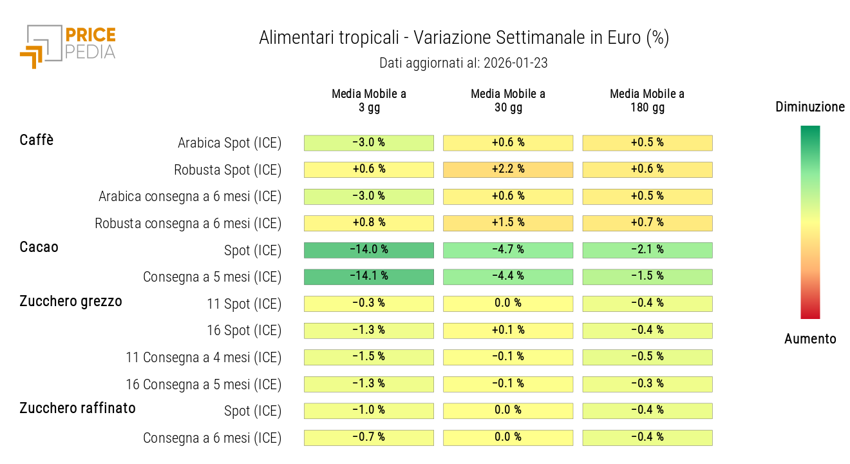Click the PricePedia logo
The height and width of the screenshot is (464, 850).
coord(68,45)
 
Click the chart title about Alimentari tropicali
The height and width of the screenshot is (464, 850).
coord(464,38)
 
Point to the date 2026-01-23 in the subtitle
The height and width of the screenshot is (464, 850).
coord(515,63)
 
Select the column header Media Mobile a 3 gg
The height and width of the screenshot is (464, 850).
coord(369,101)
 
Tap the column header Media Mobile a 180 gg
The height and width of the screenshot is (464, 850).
coord(647,101)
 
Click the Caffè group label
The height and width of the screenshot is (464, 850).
coord(37,140)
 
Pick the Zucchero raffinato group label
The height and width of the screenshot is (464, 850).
coord(77,408)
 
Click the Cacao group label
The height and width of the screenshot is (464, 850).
coord(39,247)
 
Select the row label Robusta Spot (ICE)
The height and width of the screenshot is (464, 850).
coord(227,170)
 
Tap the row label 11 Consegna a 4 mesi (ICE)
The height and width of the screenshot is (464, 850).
coord(203,358)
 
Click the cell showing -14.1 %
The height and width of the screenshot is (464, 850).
coord(369,276)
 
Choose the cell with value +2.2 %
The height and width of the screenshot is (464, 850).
coord(508,169)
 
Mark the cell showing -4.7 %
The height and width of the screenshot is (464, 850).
coord(508,250)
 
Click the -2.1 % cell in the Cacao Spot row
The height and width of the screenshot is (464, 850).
coord(647,250)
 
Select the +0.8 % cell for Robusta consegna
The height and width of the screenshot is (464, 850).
coord(369,223)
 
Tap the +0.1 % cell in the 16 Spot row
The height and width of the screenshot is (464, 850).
coord(508,331)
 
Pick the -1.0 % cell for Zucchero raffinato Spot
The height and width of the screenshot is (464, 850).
coord(369,411)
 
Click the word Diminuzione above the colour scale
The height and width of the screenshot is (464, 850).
coord(810,107)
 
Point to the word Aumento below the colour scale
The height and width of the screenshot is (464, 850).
coord(810,339)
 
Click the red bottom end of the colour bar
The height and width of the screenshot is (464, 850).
coord(810,314)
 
